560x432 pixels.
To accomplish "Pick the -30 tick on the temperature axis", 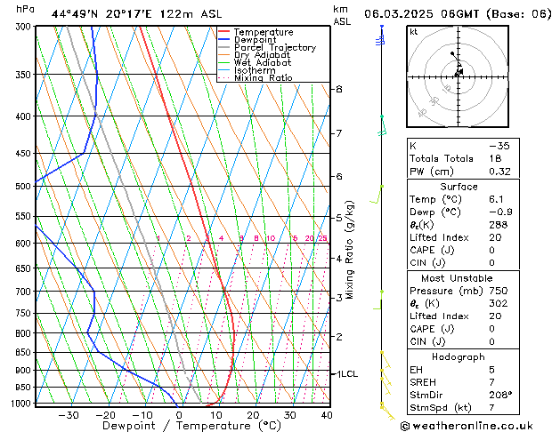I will [x=68, y=415].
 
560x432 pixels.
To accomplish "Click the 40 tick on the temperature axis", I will [x=326, y=415].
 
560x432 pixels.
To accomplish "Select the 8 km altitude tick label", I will [x=339, y=90].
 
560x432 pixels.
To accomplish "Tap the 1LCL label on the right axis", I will [x=345, y=374].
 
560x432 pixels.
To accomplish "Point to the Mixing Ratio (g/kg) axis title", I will [x=351, y=250].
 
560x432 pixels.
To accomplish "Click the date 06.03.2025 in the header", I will [x=404, y=14].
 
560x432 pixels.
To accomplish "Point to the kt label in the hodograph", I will [x=414, y=32].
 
